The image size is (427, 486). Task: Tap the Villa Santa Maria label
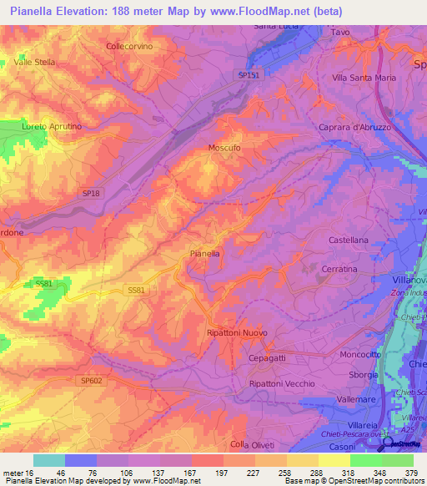click(x=364, y=78)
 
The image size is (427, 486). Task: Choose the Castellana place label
click(x=348, y=240)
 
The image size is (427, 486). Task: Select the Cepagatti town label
click(x=268, y=357)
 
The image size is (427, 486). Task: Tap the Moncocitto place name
click(x=361, y=354)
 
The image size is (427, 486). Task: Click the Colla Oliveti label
click(x=253, y=443)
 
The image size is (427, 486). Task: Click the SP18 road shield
click(x=91, y=193)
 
